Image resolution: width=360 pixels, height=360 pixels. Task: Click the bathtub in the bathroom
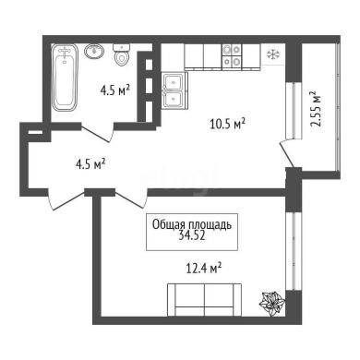click(65, 78)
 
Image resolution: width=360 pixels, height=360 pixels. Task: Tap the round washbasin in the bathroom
click(94, 51)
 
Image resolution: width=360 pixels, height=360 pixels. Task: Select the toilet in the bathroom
click(122, 54)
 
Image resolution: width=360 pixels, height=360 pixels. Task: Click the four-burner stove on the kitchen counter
click(232, 55)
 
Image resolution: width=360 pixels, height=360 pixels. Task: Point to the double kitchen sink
click(174, 90)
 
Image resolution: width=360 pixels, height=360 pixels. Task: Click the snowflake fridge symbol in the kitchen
click(273, 55)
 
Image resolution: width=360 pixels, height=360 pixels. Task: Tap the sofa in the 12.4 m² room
click(204, 299)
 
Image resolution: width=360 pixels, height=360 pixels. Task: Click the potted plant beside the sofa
click(271, 304)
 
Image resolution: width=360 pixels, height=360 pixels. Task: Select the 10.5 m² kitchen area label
click(227, 124)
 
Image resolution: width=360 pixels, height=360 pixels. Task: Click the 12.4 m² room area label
click(204, 269)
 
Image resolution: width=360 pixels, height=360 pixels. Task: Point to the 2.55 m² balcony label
click(316, 109)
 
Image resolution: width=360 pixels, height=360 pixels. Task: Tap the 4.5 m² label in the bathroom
click(114, 90)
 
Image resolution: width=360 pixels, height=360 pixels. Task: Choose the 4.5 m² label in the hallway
click(91, 164)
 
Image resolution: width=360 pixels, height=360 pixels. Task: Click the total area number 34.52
click(192, 236)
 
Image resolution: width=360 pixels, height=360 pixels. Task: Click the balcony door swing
click(290, 155)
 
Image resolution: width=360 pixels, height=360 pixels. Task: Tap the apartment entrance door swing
click(66, 200)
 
